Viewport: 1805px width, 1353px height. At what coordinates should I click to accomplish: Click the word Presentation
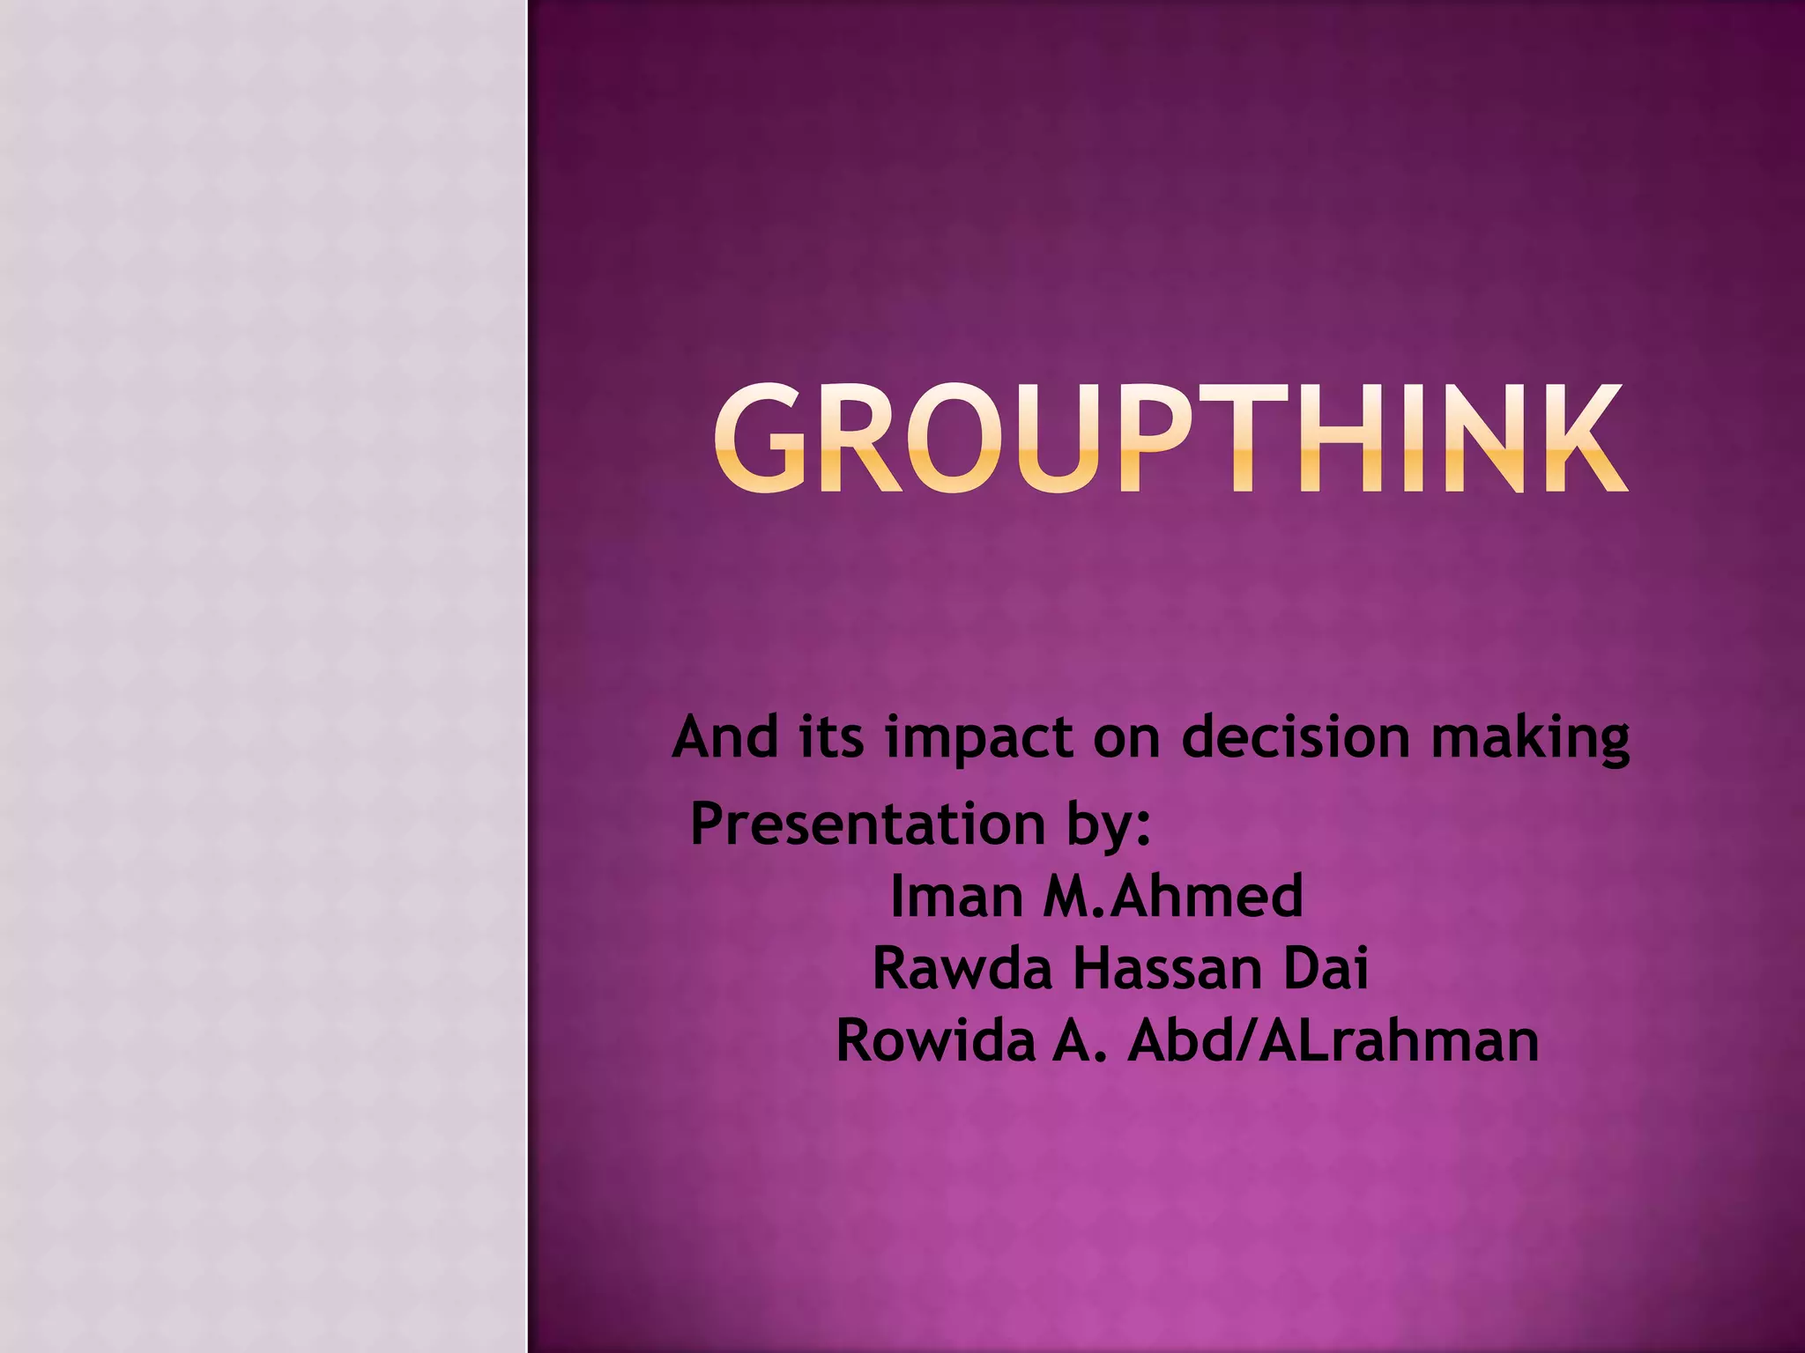pos(867,824)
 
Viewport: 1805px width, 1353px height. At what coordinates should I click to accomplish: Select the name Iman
pos(955,897)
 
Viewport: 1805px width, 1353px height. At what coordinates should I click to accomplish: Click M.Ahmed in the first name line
pos(1172,897)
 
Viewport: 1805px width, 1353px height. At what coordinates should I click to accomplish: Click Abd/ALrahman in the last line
pos(1333,1041)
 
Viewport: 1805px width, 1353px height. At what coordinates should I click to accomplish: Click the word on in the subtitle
pos(1125,738)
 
